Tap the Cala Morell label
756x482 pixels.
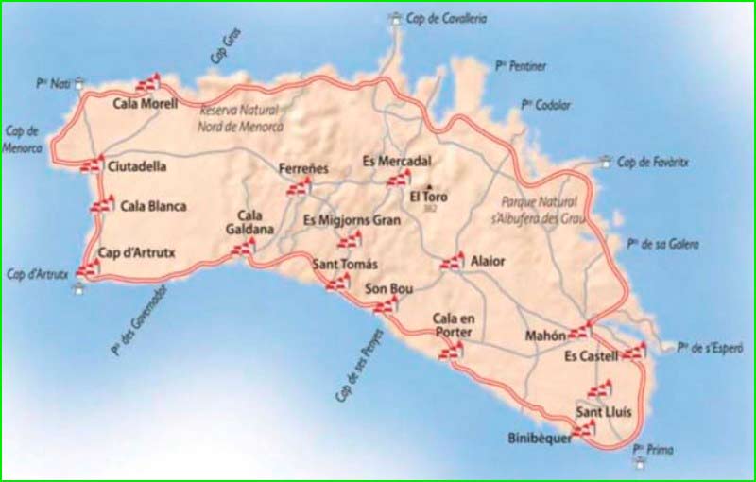pos(145,104)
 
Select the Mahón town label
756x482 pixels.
pos(546,336)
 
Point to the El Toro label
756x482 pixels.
pos(428,198)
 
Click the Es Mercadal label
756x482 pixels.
pos(397,161)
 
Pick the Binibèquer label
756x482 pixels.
pos(540,439)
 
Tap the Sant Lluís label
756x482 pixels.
pos(603,413)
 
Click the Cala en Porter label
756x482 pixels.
pos(453,324)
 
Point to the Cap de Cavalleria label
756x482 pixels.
pos(446,18)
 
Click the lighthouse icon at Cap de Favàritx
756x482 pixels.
pos(606,162)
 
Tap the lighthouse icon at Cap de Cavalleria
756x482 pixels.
pos(393,18)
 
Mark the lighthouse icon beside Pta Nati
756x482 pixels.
pos(80,82)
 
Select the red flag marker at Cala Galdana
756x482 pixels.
pos(244,248)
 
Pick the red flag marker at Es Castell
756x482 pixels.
pos(634,351)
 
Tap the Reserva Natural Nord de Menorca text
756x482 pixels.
pos(240,119)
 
